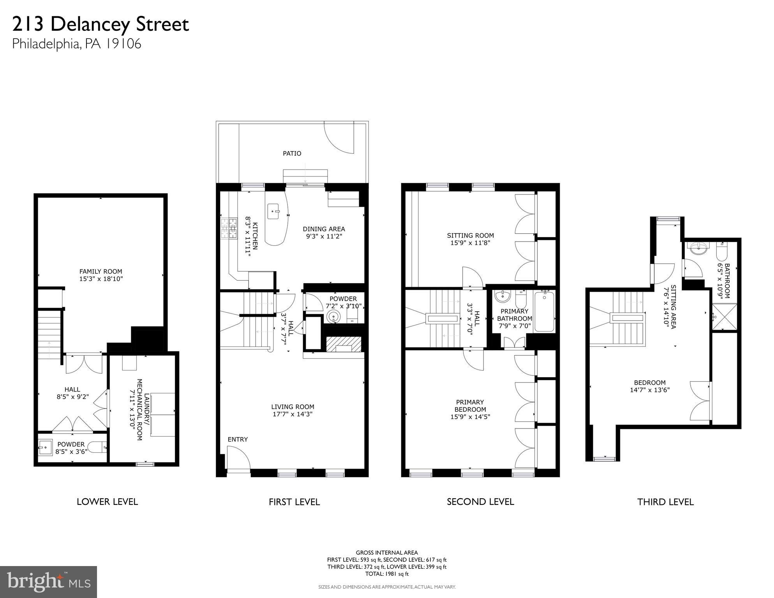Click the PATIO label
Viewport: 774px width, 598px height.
292,153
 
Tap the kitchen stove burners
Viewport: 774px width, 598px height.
229,228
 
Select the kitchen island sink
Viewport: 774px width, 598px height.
273,212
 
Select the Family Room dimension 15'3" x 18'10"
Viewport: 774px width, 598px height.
101,279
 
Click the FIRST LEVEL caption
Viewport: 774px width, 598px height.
294,502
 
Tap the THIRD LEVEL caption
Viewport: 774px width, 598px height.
665,502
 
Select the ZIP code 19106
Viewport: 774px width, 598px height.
122,44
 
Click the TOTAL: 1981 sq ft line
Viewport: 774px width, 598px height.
387,574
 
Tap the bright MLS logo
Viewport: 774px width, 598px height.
48,582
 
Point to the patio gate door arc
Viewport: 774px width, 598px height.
338,138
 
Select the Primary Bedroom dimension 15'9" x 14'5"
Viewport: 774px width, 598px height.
470,416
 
